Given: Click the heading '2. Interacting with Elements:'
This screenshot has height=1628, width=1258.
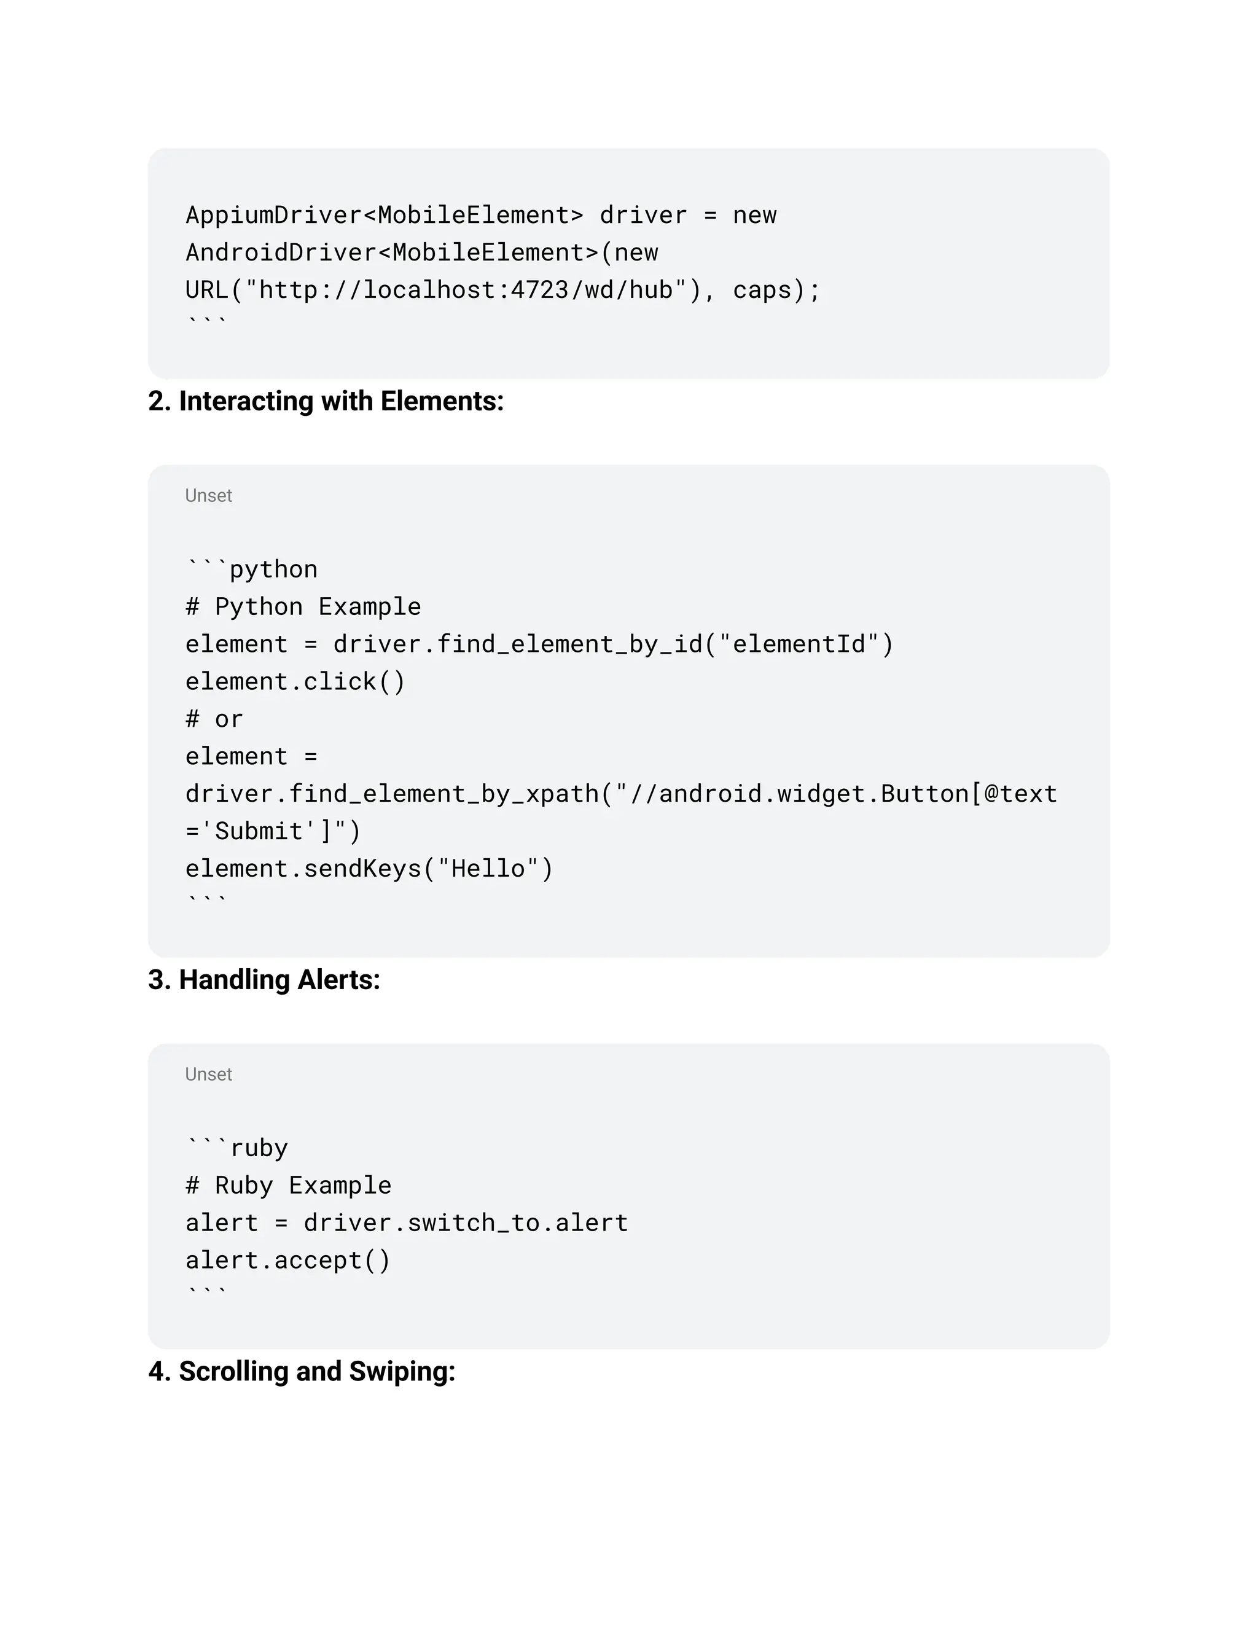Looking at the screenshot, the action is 326,402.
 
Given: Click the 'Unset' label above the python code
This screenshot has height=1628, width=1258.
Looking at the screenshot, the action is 209,496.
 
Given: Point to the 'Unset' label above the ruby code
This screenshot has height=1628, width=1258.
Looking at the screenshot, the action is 209,1074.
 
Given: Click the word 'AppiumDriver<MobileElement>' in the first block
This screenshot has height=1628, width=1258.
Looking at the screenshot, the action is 384,216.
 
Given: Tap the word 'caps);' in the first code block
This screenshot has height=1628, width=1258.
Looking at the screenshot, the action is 776,290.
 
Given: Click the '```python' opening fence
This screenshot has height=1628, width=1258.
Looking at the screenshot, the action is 252,569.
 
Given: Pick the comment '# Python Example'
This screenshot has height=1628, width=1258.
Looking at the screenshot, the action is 303,607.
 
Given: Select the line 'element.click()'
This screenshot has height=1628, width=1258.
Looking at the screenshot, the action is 295,681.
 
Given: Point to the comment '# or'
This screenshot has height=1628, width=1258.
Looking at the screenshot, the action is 214,719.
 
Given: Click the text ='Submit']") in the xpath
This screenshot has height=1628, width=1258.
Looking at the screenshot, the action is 273,831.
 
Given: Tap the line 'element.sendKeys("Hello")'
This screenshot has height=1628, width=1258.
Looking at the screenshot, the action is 369,869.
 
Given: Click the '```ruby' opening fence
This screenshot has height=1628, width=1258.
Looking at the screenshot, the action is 237,1148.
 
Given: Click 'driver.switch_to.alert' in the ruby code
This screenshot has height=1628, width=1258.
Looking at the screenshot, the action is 466,1223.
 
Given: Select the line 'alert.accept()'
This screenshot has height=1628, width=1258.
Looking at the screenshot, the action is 287,1260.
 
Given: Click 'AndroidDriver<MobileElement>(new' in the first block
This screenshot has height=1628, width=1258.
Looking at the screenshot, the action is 422,252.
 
